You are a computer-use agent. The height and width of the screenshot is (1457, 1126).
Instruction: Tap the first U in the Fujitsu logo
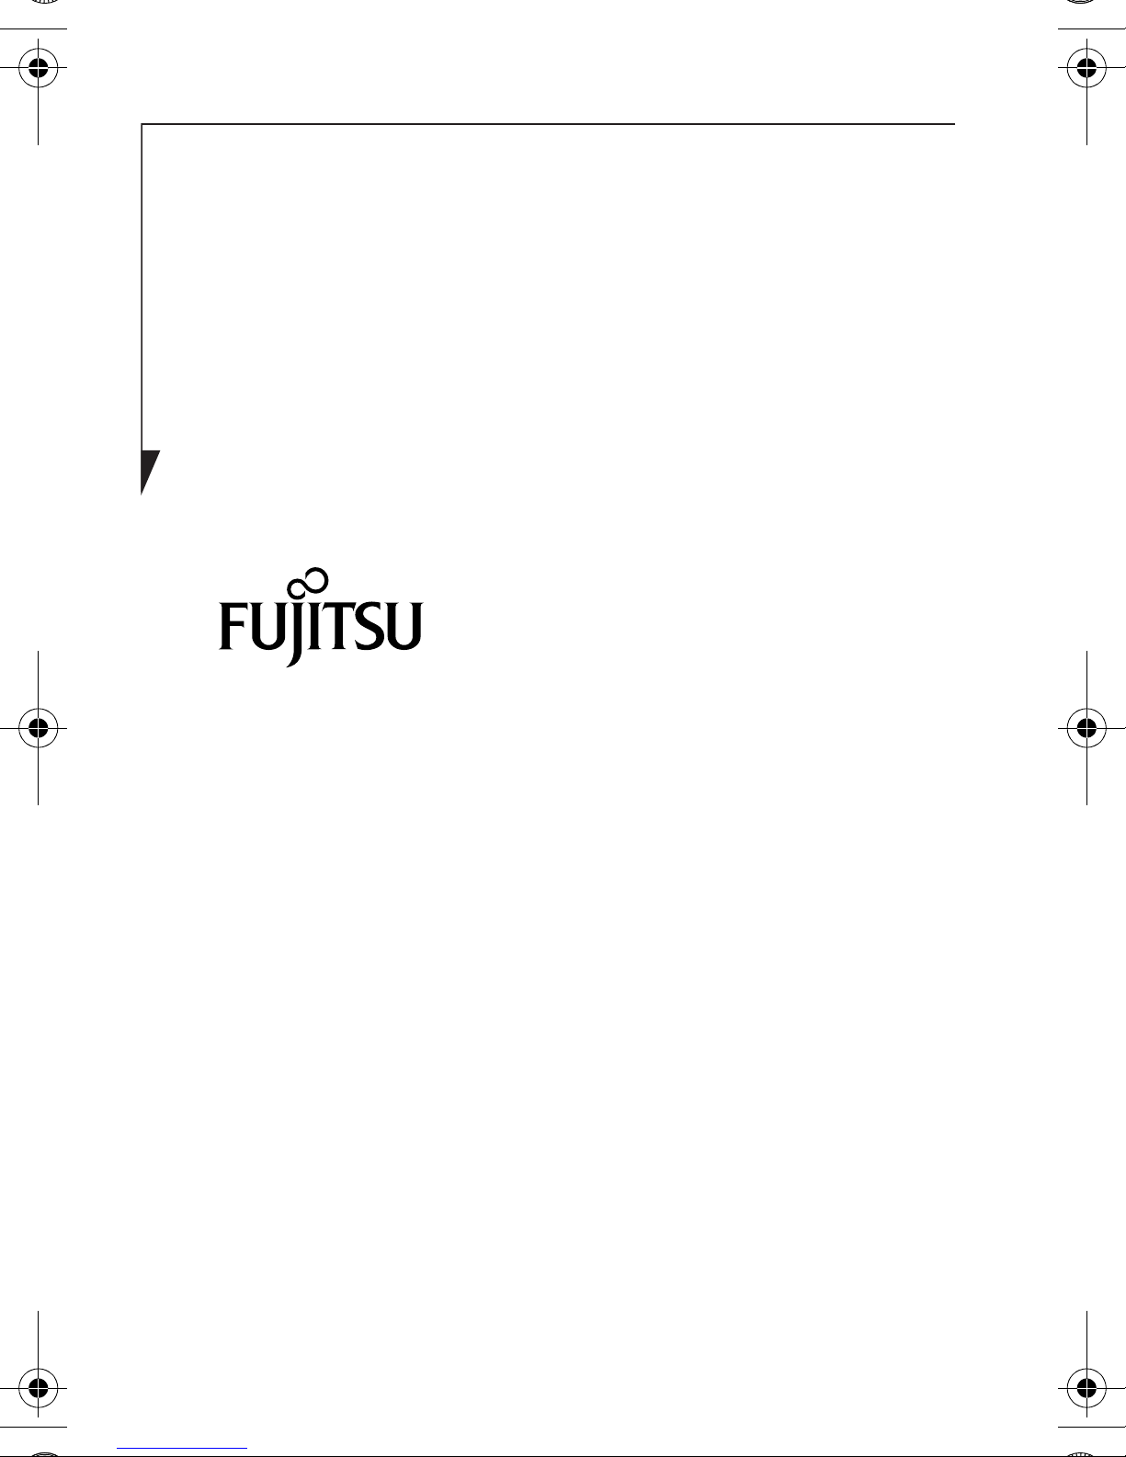point(266,627)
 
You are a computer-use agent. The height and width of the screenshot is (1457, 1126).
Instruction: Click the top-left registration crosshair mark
point(38,67)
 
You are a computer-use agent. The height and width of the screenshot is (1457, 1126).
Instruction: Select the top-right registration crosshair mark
point(1086,67)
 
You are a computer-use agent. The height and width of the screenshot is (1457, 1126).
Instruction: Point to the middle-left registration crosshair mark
point(38,728)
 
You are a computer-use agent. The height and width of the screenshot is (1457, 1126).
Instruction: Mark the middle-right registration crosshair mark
point(1086,728)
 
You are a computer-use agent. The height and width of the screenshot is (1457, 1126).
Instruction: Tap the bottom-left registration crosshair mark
point(38,1387)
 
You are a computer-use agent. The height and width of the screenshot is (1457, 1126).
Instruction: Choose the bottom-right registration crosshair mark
point(1086,1387)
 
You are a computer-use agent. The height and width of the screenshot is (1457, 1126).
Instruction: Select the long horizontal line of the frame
point(552,124)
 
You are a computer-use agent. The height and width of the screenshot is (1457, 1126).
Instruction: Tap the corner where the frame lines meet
point(142,124)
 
